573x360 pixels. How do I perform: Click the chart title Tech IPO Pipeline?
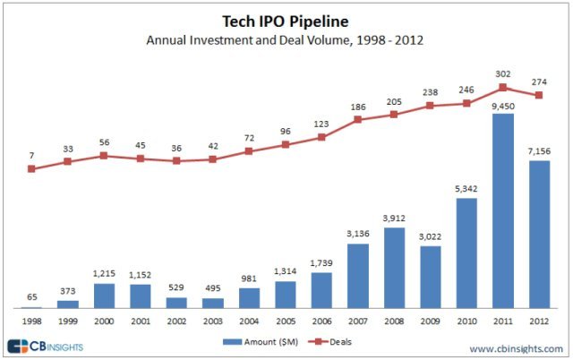(286, 21)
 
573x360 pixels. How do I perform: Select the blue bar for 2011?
(503, 211)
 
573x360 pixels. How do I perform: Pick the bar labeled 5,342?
(466, 253)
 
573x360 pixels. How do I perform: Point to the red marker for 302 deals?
(503, 88)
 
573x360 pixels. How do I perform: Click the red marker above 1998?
(31, 168)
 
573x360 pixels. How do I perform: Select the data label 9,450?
(503, 106)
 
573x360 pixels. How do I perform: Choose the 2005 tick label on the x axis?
(285, 320)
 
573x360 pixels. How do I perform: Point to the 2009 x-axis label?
(431, 320)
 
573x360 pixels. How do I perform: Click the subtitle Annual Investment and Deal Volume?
(286, 39)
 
